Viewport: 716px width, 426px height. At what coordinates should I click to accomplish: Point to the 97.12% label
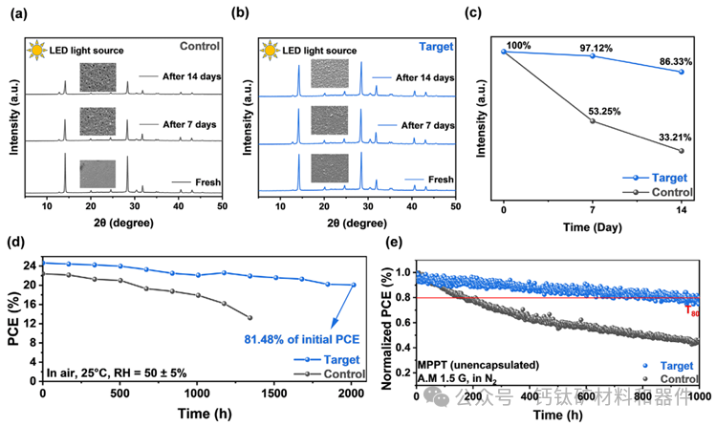[593, 45]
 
